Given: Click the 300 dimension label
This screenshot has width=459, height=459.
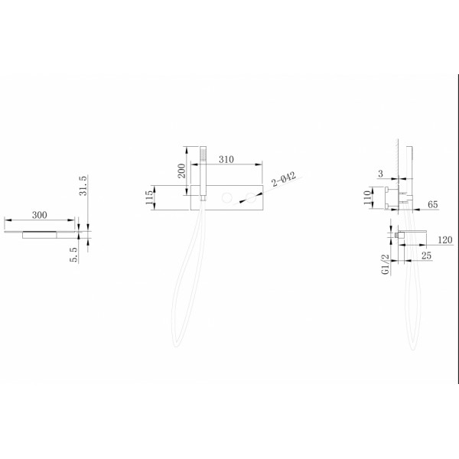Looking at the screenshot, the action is coord(40,215).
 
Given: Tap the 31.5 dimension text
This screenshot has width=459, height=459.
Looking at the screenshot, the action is coord(83,186).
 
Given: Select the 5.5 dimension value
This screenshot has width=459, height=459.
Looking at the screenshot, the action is coord(74,255).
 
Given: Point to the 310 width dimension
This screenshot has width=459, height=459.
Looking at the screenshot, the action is coord(226,160).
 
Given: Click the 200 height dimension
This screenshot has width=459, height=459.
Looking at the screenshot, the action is coord(181,171).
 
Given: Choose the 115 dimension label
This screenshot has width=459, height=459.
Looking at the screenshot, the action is coord(148,197).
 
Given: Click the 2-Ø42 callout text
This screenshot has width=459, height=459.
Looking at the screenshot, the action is coord(284,180).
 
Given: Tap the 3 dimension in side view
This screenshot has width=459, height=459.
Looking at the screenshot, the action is coord(380,174).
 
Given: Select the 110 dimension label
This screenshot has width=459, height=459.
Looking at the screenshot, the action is coord(366,197).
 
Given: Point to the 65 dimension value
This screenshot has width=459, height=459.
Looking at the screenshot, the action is coord(433,204).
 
